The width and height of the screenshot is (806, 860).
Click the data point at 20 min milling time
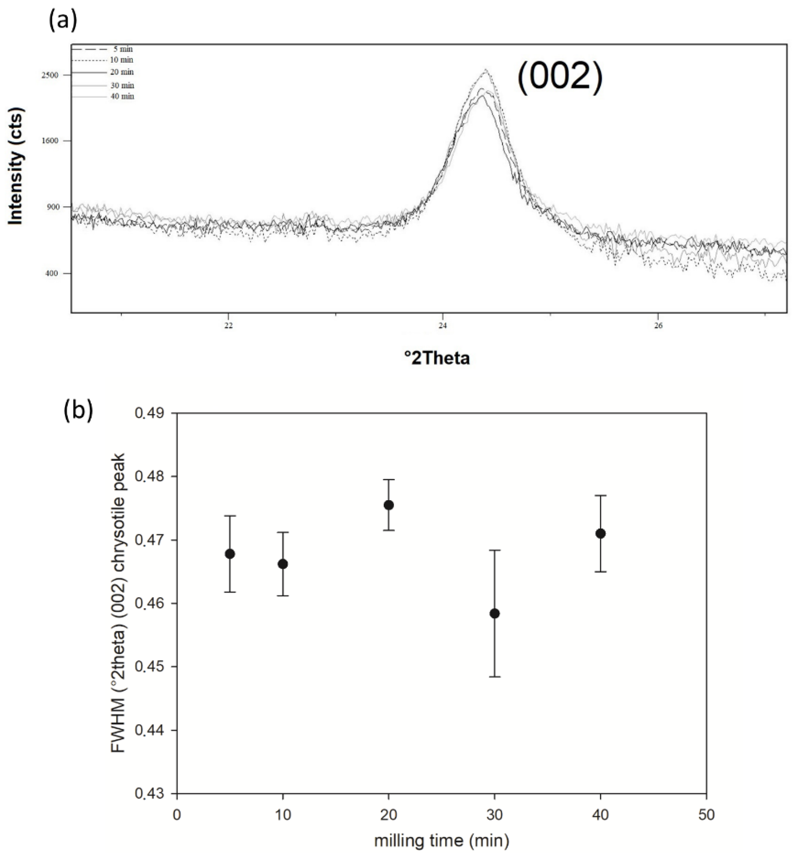point(389,505)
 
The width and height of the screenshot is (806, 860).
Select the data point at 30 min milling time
point(494,614)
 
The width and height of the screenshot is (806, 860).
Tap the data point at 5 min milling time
point(230,554)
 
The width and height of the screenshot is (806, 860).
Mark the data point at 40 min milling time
point(600,534)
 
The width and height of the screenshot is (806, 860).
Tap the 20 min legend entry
point(121,72)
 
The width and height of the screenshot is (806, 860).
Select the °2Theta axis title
point(437,358)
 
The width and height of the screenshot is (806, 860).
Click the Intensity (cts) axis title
point(16,166)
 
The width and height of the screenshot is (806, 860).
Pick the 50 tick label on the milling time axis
point(706,815)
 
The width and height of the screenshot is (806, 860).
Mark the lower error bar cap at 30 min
point(494,677)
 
